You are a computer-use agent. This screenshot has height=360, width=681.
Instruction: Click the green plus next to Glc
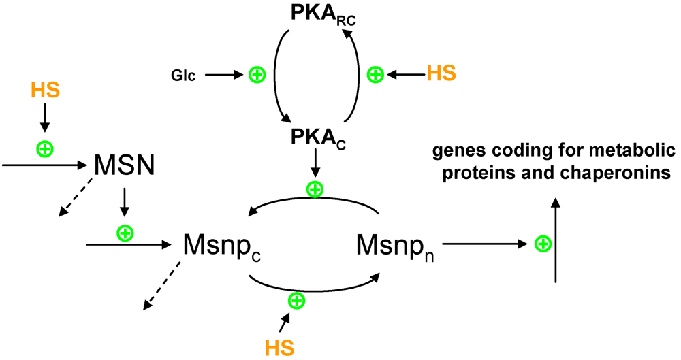point(257,75)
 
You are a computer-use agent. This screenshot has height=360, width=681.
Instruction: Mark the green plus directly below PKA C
point(314,189)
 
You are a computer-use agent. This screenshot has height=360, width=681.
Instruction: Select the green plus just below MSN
point(125,233)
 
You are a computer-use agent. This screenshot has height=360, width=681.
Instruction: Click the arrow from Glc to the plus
point(223,75)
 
